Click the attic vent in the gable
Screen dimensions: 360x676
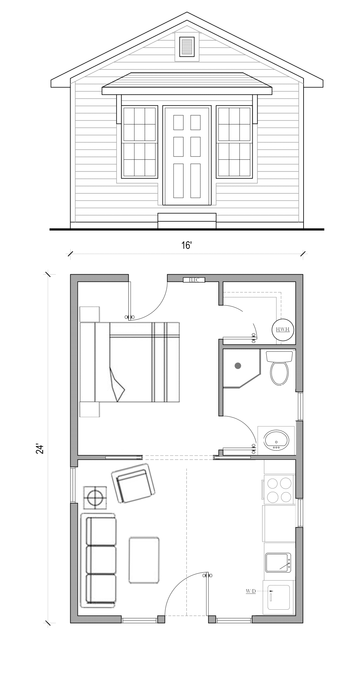(187, 47)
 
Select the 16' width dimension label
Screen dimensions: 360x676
(186, 245)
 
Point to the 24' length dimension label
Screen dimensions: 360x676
(40, 449)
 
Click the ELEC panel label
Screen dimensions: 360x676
(194, 280)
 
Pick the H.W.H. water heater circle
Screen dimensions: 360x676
(283, 329)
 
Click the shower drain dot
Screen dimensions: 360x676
(238, 366)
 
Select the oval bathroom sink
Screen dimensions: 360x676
(276, 440)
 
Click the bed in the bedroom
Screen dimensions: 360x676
(130, 362)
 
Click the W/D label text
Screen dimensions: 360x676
(251, 591)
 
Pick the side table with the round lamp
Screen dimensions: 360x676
(95, 497)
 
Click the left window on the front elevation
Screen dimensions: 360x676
(140, 142)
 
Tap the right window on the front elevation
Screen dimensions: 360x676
(234, 142)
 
